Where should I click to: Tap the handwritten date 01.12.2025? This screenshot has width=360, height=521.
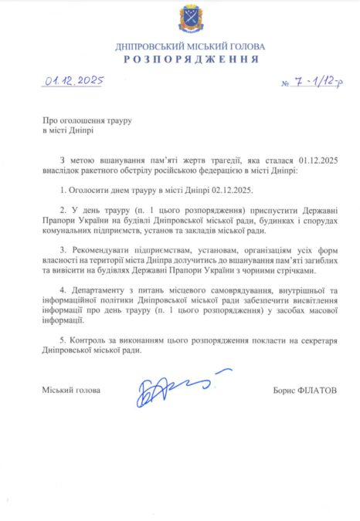[x=74, y=80]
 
